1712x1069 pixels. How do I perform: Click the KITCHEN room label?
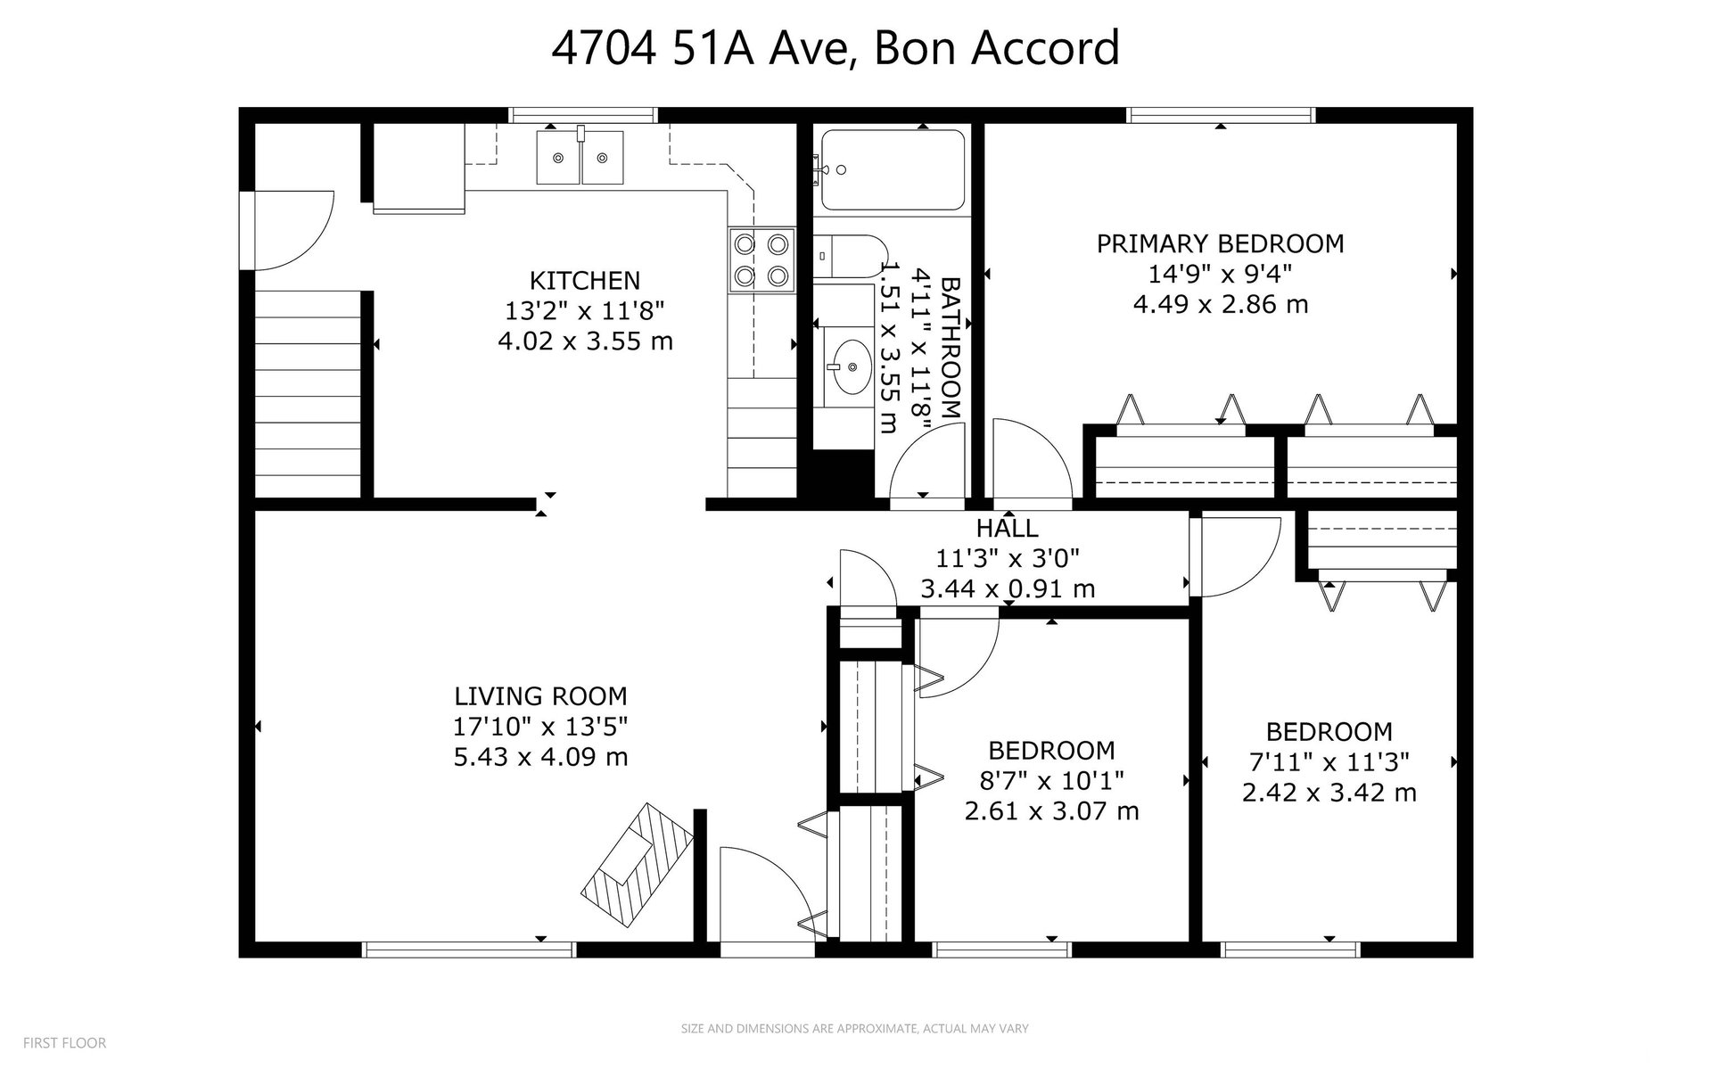point(585,281)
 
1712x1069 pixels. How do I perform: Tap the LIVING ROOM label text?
point(540,696)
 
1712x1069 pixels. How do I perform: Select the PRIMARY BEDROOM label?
point(1220,243)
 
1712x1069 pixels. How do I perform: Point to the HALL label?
point(1007,528)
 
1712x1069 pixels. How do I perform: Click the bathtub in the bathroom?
point(893,169)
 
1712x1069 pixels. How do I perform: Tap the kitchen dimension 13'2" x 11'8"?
point(585,311)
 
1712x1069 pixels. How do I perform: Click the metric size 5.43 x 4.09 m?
point(540,757)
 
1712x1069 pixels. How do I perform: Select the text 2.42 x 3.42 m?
point(1329,792)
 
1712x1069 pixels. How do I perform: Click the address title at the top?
point(835,48)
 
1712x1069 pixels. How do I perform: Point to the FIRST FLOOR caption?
point(64,1042)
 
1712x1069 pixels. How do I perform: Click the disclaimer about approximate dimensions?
point(855,1028)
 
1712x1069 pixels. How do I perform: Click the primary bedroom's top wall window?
point(1221,115)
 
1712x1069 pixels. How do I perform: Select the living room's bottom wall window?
point(469,950)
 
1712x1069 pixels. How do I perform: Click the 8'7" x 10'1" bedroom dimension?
point(1051,781)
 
